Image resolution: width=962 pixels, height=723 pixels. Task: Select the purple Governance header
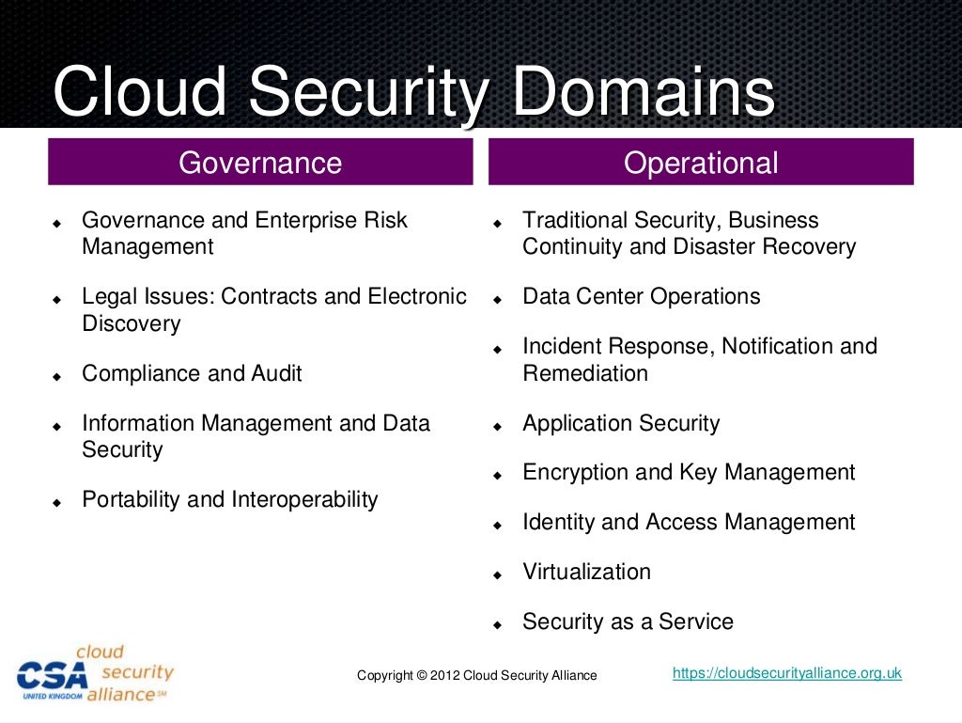click(x=260, y=163)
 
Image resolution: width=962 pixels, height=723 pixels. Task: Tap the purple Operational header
click(x=701, y=163)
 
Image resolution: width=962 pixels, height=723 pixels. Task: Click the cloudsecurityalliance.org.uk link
click(x=787, y=673)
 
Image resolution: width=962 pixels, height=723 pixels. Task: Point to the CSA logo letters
click(x=52, y=675)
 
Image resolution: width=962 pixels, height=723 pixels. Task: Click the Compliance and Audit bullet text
click(x=192, y=373)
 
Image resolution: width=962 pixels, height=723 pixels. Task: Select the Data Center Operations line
click(x=641, y=296)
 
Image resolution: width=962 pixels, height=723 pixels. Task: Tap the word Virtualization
click(x=586, y=572)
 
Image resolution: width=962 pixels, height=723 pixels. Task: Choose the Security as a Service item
click(x=628, y=621)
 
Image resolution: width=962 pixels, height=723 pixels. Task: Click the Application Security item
click(x=621, y=423)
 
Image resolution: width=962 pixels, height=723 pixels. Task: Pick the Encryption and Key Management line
click(x=689, y=472)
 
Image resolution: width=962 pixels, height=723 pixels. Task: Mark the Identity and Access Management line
click(x=689, y=522)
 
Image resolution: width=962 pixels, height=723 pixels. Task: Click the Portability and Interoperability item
click(x=230, y=499)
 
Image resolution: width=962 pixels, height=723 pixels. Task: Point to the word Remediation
click(x=585, y=373)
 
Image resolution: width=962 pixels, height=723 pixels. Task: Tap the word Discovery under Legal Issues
click(x=131, y=323)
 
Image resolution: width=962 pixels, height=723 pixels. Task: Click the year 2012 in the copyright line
click(x=445, y=676)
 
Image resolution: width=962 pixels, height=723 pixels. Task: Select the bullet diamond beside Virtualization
click(x=498, y=574)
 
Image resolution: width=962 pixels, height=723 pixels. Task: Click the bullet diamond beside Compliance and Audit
click(x=57, y=375)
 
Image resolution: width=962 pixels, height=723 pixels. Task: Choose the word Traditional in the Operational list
click(x=574, y=220)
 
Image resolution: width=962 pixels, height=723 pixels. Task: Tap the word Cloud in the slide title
click(x=141, y=94)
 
